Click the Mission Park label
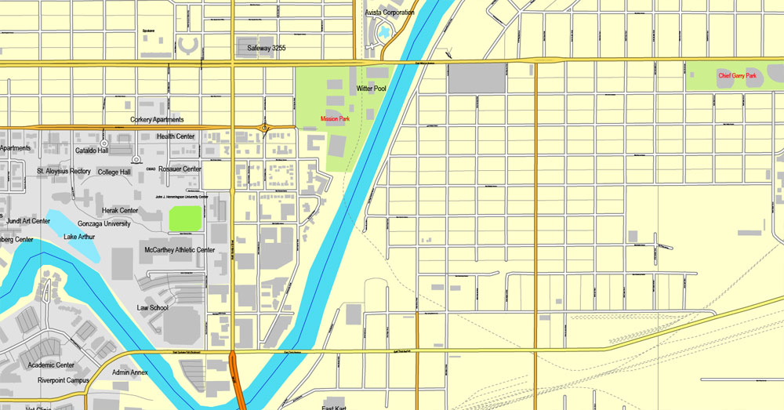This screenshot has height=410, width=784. [x=335, y=118]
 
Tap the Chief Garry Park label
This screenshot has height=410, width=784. [x=738, y=76]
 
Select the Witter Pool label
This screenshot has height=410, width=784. [x=372, y=89]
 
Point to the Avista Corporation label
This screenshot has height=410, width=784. [x=390, y=13]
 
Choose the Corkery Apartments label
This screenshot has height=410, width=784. [x=157, y=120]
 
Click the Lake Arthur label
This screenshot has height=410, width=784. [x=80, y=237]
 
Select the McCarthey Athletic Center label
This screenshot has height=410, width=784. [x=180, y=250]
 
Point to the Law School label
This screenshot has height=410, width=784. [x=152, y=308]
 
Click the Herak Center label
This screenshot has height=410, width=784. [x=120, y=210]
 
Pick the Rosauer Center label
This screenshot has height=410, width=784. [x=180, y=169]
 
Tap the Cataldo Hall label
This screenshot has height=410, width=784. [x=92, y=151]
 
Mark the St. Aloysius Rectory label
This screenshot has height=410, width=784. [x=64, y=171]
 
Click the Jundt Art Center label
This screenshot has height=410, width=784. [x=28, y=221]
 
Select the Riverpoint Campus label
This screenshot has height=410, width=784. [x=63, y=380]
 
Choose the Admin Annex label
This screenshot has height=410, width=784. [x=129, y=372]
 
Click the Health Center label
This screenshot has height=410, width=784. [x=176, y=136]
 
